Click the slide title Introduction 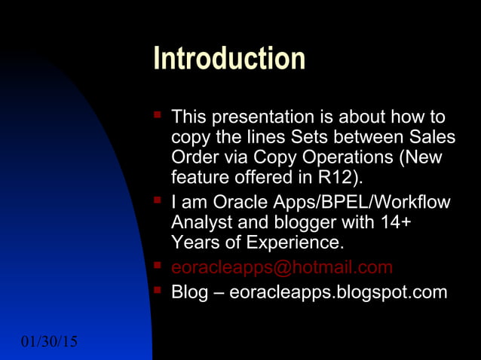click(229, 59)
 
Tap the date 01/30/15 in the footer click(50, 343)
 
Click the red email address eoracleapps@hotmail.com click(282, 267)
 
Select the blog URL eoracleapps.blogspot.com click(338, 292)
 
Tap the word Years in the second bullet click(194, 243)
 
